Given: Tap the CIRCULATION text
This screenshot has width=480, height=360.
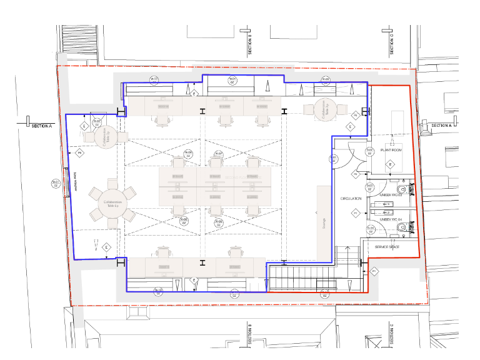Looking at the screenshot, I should pos(351,199).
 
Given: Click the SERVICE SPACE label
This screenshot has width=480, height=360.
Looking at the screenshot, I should pos(387,247).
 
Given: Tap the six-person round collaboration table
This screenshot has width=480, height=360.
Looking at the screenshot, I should pos(113,203).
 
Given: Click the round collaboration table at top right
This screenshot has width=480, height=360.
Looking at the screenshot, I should pos(326,109).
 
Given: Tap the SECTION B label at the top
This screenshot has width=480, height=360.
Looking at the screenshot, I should pos(249,41).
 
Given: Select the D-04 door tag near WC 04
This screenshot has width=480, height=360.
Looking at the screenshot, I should pos(370,229).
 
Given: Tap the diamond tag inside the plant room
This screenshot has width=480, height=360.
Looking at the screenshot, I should pos(390,164).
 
